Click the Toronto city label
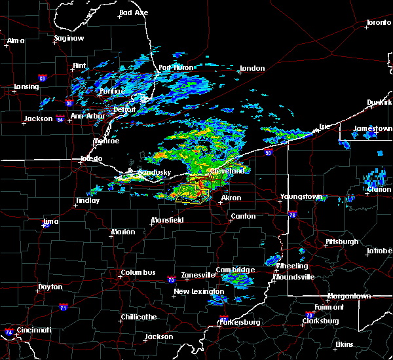379,23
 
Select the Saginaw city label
69,39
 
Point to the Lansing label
26,87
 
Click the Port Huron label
174,68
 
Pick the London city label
252,68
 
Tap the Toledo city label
92,159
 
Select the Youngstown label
301,196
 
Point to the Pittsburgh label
343,242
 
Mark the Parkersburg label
240,322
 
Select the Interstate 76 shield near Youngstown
292,215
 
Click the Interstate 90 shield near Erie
269,153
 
